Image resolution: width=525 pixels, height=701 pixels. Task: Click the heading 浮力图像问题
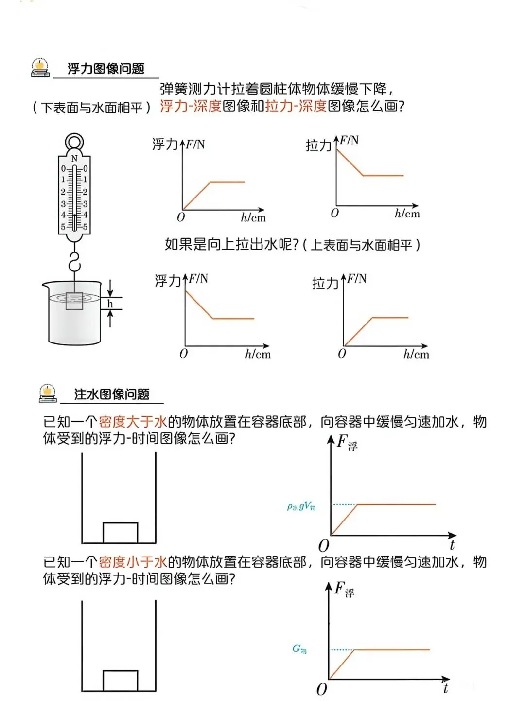106,69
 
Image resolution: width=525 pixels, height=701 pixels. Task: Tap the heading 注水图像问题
111,394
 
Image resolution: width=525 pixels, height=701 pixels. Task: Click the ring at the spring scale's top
74,142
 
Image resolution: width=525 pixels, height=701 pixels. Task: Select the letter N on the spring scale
74,159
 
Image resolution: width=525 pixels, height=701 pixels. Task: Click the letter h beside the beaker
110,304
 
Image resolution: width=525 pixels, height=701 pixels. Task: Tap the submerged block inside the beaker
74,301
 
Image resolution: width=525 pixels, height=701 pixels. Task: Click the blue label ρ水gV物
301,507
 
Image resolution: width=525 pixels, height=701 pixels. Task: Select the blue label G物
299,648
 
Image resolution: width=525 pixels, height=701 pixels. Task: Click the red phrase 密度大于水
133,422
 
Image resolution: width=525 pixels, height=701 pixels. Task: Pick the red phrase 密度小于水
133,562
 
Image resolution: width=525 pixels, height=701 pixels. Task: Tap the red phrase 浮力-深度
191,106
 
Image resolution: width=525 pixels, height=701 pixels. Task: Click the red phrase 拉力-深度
296,106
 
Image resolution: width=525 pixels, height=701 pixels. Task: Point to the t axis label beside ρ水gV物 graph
452,545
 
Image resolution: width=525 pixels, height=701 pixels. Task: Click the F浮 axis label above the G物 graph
344,590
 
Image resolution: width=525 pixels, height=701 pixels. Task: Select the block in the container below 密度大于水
120,533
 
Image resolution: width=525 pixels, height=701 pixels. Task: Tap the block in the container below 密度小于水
120,681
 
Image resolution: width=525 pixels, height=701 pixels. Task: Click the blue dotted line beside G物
342,650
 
